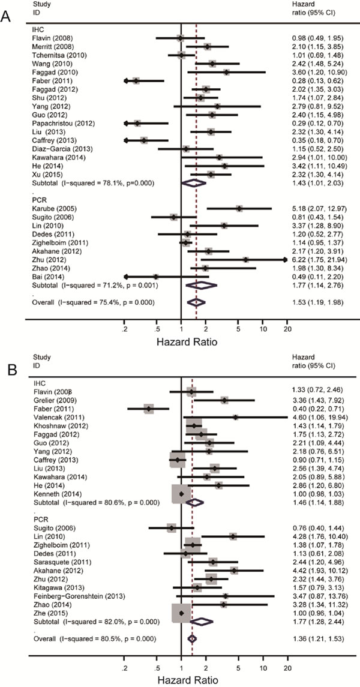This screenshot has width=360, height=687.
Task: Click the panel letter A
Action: click(x=8, y=17)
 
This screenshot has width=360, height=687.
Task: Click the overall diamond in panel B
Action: click(x=192, y=638)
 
